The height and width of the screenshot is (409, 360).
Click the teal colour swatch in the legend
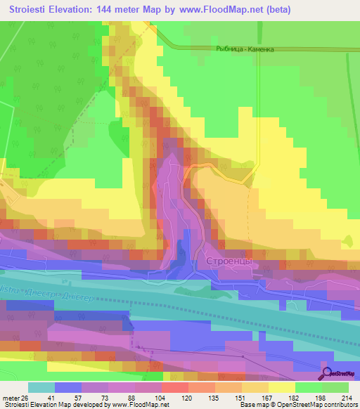tap(41, 387)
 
